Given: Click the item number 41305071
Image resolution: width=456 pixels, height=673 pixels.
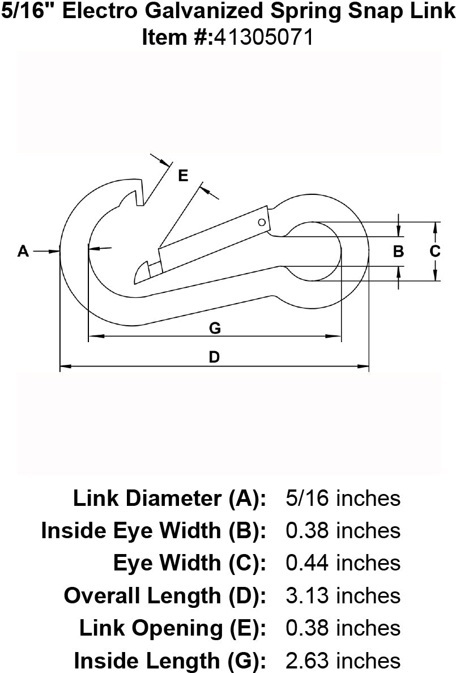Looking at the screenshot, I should coord(262,37).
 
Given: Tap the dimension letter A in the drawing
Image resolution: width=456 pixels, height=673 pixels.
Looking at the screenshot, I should coord(23,250).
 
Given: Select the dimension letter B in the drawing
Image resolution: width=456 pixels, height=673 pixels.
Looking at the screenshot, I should coord(398,251).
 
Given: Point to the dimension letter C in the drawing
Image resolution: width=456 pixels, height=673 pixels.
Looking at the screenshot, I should coord(434,251).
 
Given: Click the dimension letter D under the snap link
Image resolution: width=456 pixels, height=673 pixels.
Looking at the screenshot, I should coord(214,357).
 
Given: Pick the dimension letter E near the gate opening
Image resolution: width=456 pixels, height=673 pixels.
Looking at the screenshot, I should coord(182,176).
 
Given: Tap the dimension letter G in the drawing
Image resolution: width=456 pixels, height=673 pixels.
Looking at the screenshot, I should coord(214,327).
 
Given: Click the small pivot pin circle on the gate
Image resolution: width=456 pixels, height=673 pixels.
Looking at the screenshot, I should coord(262,222).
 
